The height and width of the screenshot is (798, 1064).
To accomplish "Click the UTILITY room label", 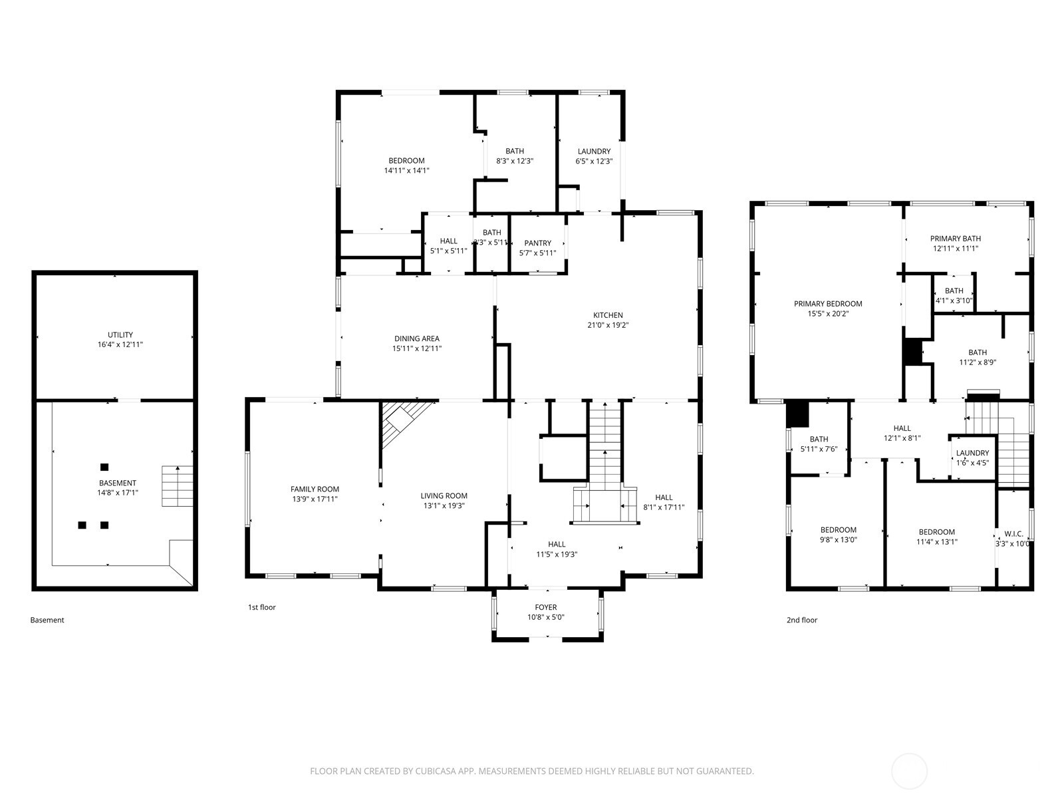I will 120,335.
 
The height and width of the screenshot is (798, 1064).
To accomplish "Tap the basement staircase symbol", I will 177,486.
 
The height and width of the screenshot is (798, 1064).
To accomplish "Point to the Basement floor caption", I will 47,620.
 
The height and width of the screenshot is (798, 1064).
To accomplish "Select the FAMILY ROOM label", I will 315,489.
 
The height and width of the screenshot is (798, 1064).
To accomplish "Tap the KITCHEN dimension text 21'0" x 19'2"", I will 608,325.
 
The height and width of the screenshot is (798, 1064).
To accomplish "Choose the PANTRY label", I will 537,243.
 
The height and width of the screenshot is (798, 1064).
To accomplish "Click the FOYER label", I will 546,607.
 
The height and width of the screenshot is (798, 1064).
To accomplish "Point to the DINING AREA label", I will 417,338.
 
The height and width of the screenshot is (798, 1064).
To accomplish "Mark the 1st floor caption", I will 262,607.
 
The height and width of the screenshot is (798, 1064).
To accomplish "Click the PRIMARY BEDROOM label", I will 828,304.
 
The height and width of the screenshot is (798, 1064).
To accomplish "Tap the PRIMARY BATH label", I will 955,239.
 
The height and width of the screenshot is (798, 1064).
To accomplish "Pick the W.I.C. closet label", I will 1013,534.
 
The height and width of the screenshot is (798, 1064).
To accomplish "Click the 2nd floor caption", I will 802,620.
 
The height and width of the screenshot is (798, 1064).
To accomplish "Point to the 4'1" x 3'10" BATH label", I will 954,291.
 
